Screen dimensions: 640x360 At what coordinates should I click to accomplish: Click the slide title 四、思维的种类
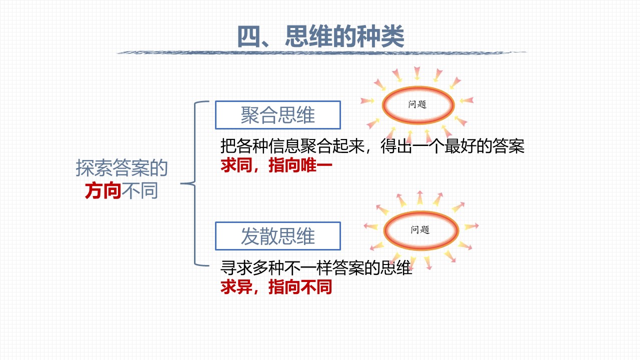pos(320,36)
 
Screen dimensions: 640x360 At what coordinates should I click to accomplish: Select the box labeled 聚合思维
pos(277,115)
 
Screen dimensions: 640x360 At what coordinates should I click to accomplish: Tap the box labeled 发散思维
pos(277,236)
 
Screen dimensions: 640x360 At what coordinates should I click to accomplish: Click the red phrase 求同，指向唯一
pos(276,165)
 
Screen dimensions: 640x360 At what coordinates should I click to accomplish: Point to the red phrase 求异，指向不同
pos(276,287)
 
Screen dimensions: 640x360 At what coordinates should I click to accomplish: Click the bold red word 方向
pos(103,190)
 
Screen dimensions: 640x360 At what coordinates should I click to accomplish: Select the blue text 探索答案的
pos(121,168)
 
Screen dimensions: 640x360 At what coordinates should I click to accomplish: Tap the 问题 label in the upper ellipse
pos(417,104)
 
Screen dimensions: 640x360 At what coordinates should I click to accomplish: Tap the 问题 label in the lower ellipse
pos(420,229)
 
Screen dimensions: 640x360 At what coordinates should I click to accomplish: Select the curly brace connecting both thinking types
pos(195,183)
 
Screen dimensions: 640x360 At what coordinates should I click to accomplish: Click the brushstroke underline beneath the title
pos(321,52)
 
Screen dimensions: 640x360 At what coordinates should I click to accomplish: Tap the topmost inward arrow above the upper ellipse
pos(417,73)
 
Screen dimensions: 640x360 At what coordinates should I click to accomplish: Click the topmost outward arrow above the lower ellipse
pos(419,197)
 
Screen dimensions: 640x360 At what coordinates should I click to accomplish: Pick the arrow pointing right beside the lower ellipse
pos(471,226)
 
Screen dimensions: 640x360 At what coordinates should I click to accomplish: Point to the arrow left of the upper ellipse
pos(367,100)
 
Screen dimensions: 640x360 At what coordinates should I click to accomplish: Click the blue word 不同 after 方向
pos(139,190)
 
